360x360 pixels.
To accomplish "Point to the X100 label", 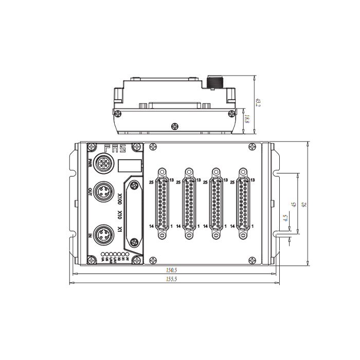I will coord(120,197).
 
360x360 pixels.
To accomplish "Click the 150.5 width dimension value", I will coord(172,269).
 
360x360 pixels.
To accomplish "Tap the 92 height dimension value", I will coord(304,204).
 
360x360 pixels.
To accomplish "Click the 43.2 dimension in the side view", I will coord(258,103).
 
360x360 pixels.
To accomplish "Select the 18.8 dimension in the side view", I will coord(247,119).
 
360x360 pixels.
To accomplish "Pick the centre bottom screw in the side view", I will coord(173,124).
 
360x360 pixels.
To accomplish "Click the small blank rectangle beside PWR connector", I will coord(130,166).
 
